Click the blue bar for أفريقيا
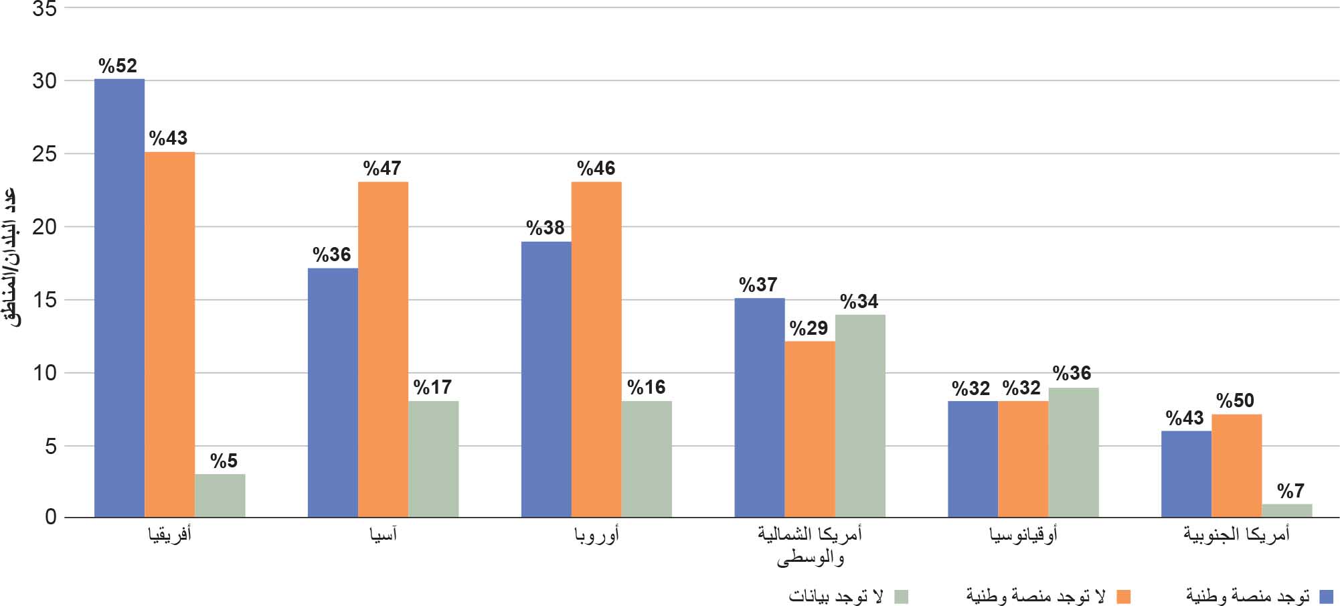(119, 298)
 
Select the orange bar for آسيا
(383, 349)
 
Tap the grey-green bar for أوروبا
(647, 459)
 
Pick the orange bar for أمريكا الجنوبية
(1236, 465)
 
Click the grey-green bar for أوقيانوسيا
(1074, 452)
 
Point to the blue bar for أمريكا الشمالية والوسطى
(759, 407)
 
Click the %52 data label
(118, 66)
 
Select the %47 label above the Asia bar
(382, 168)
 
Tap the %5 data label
(224, 461)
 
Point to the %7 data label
(1290, 491)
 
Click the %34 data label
(859, 301)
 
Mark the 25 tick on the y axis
(44, 154)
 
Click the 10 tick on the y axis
(44, 373)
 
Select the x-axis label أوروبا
(597, 534)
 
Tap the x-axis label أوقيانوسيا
(1023, 534)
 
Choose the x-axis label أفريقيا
(170, 534)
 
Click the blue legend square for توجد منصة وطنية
(1326, 596)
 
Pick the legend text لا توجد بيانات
(836, 596)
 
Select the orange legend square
(1123, 596)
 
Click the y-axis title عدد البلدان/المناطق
(12, 258)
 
